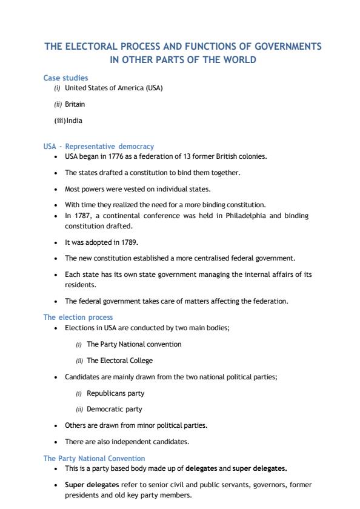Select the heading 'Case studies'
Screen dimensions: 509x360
coord(65,78)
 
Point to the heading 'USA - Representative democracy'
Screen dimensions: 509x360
coord(98,147)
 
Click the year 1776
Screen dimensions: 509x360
coord(121,156)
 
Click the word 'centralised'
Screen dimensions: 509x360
coord(208,258)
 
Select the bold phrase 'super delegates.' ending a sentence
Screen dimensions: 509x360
coord(262,468)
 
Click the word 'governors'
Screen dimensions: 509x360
coord(253,485)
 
